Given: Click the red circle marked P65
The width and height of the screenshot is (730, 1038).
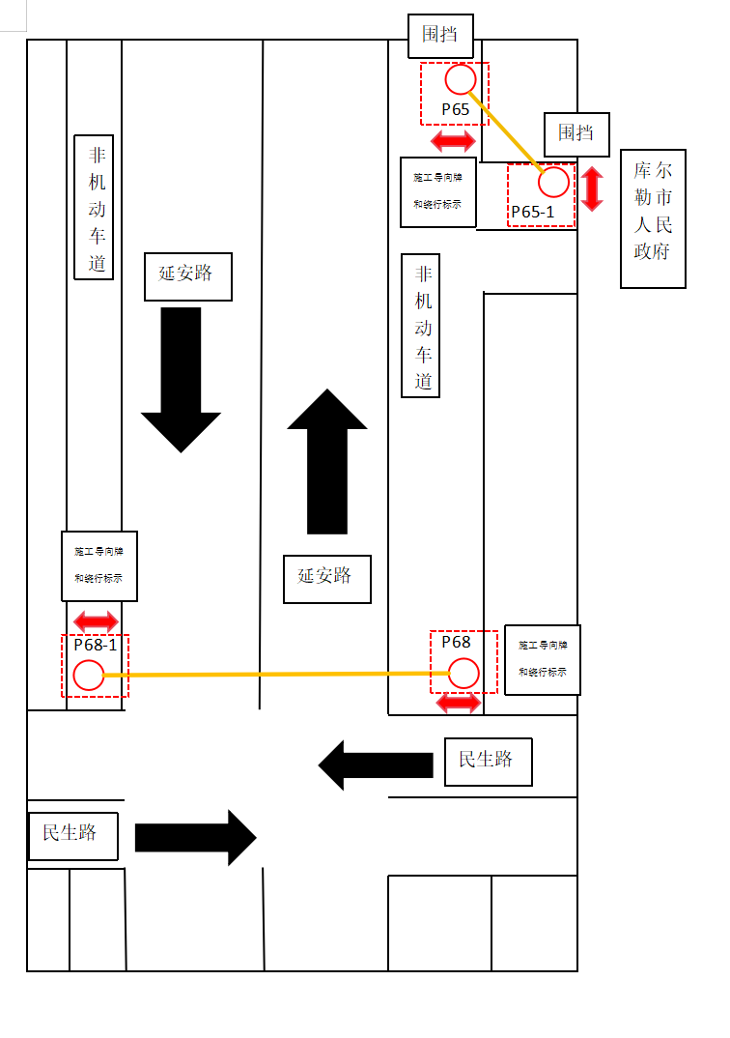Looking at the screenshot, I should (x=460, y=78).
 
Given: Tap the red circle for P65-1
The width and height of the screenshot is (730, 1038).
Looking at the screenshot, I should (x=553, y=182).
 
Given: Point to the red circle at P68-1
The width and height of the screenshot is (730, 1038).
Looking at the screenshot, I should (x=89, y=676).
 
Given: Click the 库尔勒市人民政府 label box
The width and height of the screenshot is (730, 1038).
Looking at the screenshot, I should (x=653, y=218).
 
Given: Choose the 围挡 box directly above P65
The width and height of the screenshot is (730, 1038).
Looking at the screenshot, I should (x=440, y=36).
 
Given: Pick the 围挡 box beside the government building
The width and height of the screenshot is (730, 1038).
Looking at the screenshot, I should (x=576, y=132).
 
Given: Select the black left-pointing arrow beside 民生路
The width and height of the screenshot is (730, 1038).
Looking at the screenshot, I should (x=376, y=764).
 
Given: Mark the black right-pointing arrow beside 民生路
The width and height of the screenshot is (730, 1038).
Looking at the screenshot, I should (x=195, y=837).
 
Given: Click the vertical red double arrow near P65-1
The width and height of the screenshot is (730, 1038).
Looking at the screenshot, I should (x=592, y=188).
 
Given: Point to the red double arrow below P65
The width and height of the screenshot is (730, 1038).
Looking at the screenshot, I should (x=453, y=141).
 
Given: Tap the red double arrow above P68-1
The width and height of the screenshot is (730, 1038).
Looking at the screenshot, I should (x=97, y=620).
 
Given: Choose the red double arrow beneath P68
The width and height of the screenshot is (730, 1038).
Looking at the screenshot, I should (x=459, y=703).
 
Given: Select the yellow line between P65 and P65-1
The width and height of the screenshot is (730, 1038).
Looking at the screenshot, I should (x=507, y=130).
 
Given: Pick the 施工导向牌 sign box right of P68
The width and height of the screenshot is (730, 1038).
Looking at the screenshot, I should (x=542, y=659).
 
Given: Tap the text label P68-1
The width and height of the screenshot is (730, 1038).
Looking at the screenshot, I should (x=95, y=645).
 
